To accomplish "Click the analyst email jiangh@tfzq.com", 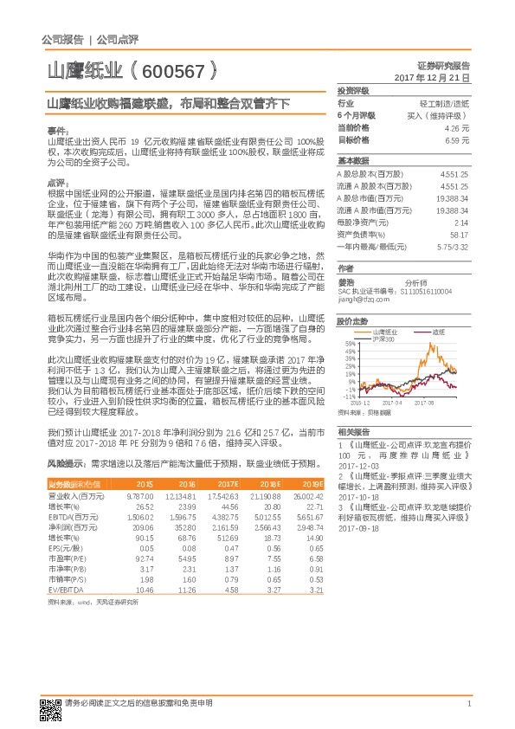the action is pyautogui.click(x=362, y=299).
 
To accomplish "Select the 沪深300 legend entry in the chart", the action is pyautogui.click(x=384, y=339).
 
